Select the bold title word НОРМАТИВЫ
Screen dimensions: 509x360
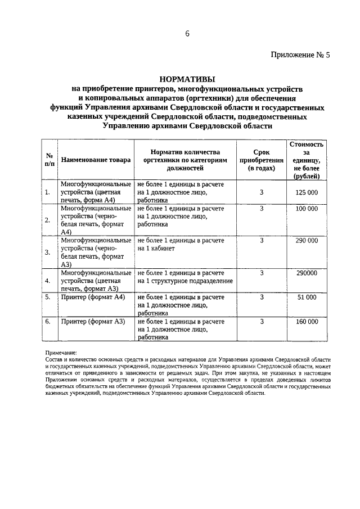tap(187, 79)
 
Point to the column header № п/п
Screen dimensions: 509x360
tap(49, 160)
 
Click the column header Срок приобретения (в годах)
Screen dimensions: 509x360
tap(262, 160)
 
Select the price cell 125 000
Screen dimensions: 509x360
tap(307, 192)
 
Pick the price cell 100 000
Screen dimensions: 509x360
tap(307, 209)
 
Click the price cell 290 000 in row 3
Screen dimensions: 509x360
tap(307, 241)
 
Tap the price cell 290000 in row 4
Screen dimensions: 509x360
tap(307, 273)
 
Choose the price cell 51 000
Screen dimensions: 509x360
tap(307, 297)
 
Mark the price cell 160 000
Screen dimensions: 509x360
tap(307, 322)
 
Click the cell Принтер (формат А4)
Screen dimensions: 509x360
tap(93, 297)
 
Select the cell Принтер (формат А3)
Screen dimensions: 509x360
tap(93, 322)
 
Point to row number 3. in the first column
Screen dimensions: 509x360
tap(47, 252)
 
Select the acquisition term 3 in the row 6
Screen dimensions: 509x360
tap(262, 322)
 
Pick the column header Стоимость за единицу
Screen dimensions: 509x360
tap(307, 160)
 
